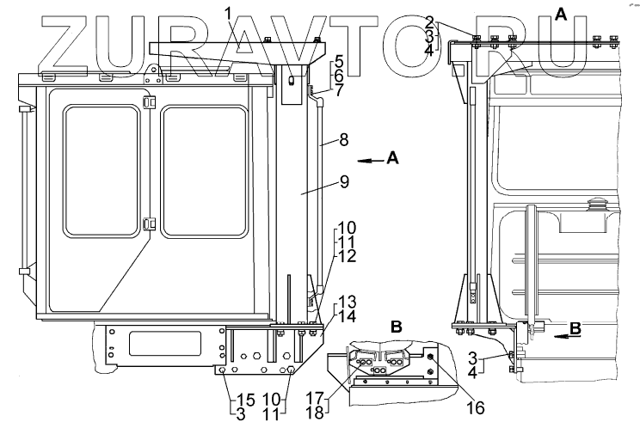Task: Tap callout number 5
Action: pyautogui.click(x=339, y=62)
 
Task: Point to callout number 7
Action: pyautogui.click(x=339, y=89)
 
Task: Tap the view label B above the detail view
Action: pyautogui.click(x=397, y=327)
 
